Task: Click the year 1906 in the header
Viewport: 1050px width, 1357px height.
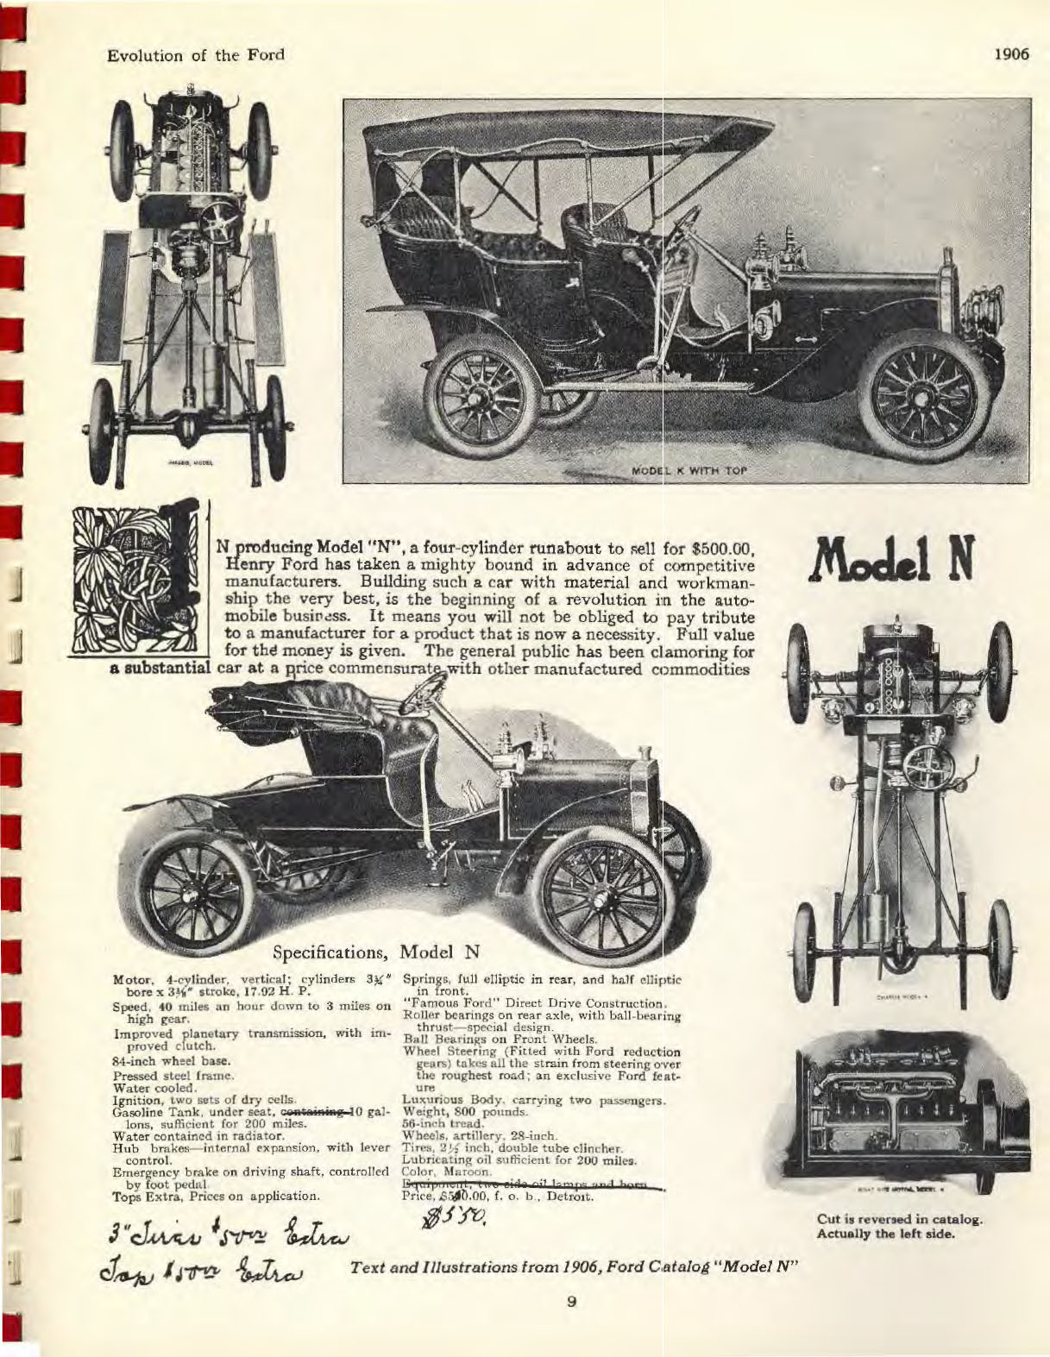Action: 1012,54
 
